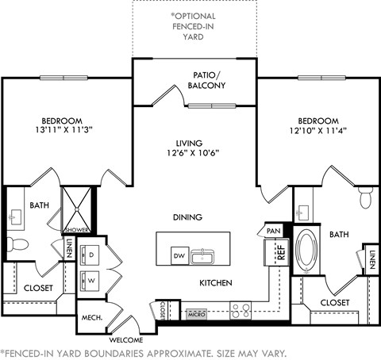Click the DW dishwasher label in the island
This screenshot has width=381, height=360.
tap(180, 255)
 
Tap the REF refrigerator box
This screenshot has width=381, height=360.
tap(280, 253)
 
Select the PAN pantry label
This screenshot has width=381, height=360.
tap(273, 231)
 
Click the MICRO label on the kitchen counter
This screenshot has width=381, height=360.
tap(196, 314)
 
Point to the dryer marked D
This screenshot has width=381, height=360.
tap(91, 256)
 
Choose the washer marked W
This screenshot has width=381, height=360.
tap(91, 280)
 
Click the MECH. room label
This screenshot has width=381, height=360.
tap(90, 317)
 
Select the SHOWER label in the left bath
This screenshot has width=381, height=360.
tap(76, 231)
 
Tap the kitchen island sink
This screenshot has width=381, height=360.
tap(203, 255)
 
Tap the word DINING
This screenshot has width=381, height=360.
tap(187, 216)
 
